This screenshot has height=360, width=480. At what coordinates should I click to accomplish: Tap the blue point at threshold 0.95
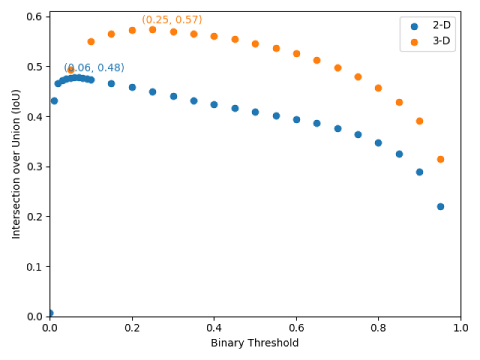(x=440, y=206)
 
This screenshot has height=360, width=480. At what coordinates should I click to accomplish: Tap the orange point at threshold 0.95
(x=440, y=159)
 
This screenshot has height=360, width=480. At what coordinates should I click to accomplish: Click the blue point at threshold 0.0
(x=50, y=313)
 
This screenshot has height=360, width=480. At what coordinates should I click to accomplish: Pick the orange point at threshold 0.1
(x=91, y=41)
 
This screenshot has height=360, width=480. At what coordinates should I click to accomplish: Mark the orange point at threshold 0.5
(x=255, y=44)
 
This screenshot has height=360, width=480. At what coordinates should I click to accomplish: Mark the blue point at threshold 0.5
(x=255, y=112)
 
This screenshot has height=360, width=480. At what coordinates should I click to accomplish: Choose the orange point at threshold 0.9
(x=419, y=121)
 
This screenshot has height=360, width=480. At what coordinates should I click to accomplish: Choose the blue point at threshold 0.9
(x=419, y=172)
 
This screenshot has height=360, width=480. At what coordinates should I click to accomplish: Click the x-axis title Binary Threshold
(x=254, y=343)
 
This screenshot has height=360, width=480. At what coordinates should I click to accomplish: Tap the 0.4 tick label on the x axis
(x=214, y=328)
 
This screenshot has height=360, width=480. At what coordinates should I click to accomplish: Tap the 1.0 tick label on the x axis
(x=460, y=328)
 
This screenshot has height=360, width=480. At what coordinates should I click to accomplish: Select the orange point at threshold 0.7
(x=337, y=68)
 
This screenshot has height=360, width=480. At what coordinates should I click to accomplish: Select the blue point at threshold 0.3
(x=173, y=96)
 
